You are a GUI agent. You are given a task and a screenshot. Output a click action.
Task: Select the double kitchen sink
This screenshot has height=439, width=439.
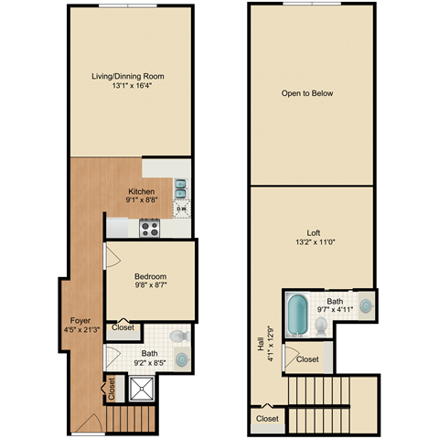(181, 188)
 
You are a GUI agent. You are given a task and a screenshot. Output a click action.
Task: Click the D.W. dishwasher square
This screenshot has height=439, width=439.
(182, 209)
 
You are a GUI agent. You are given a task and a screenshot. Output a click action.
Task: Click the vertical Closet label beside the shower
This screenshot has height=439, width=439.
(112, 390)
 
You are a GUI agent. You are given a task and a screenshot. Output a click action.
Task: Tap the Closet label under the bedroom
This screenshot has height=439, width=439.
(122, 327)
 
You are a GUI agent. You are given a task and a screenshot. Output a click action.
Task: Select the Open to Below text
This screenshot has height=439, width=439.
(307, 92)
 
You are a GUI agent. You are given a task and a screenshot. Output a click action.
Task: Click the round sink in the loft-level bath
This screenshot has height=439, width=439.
(366, 305)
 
